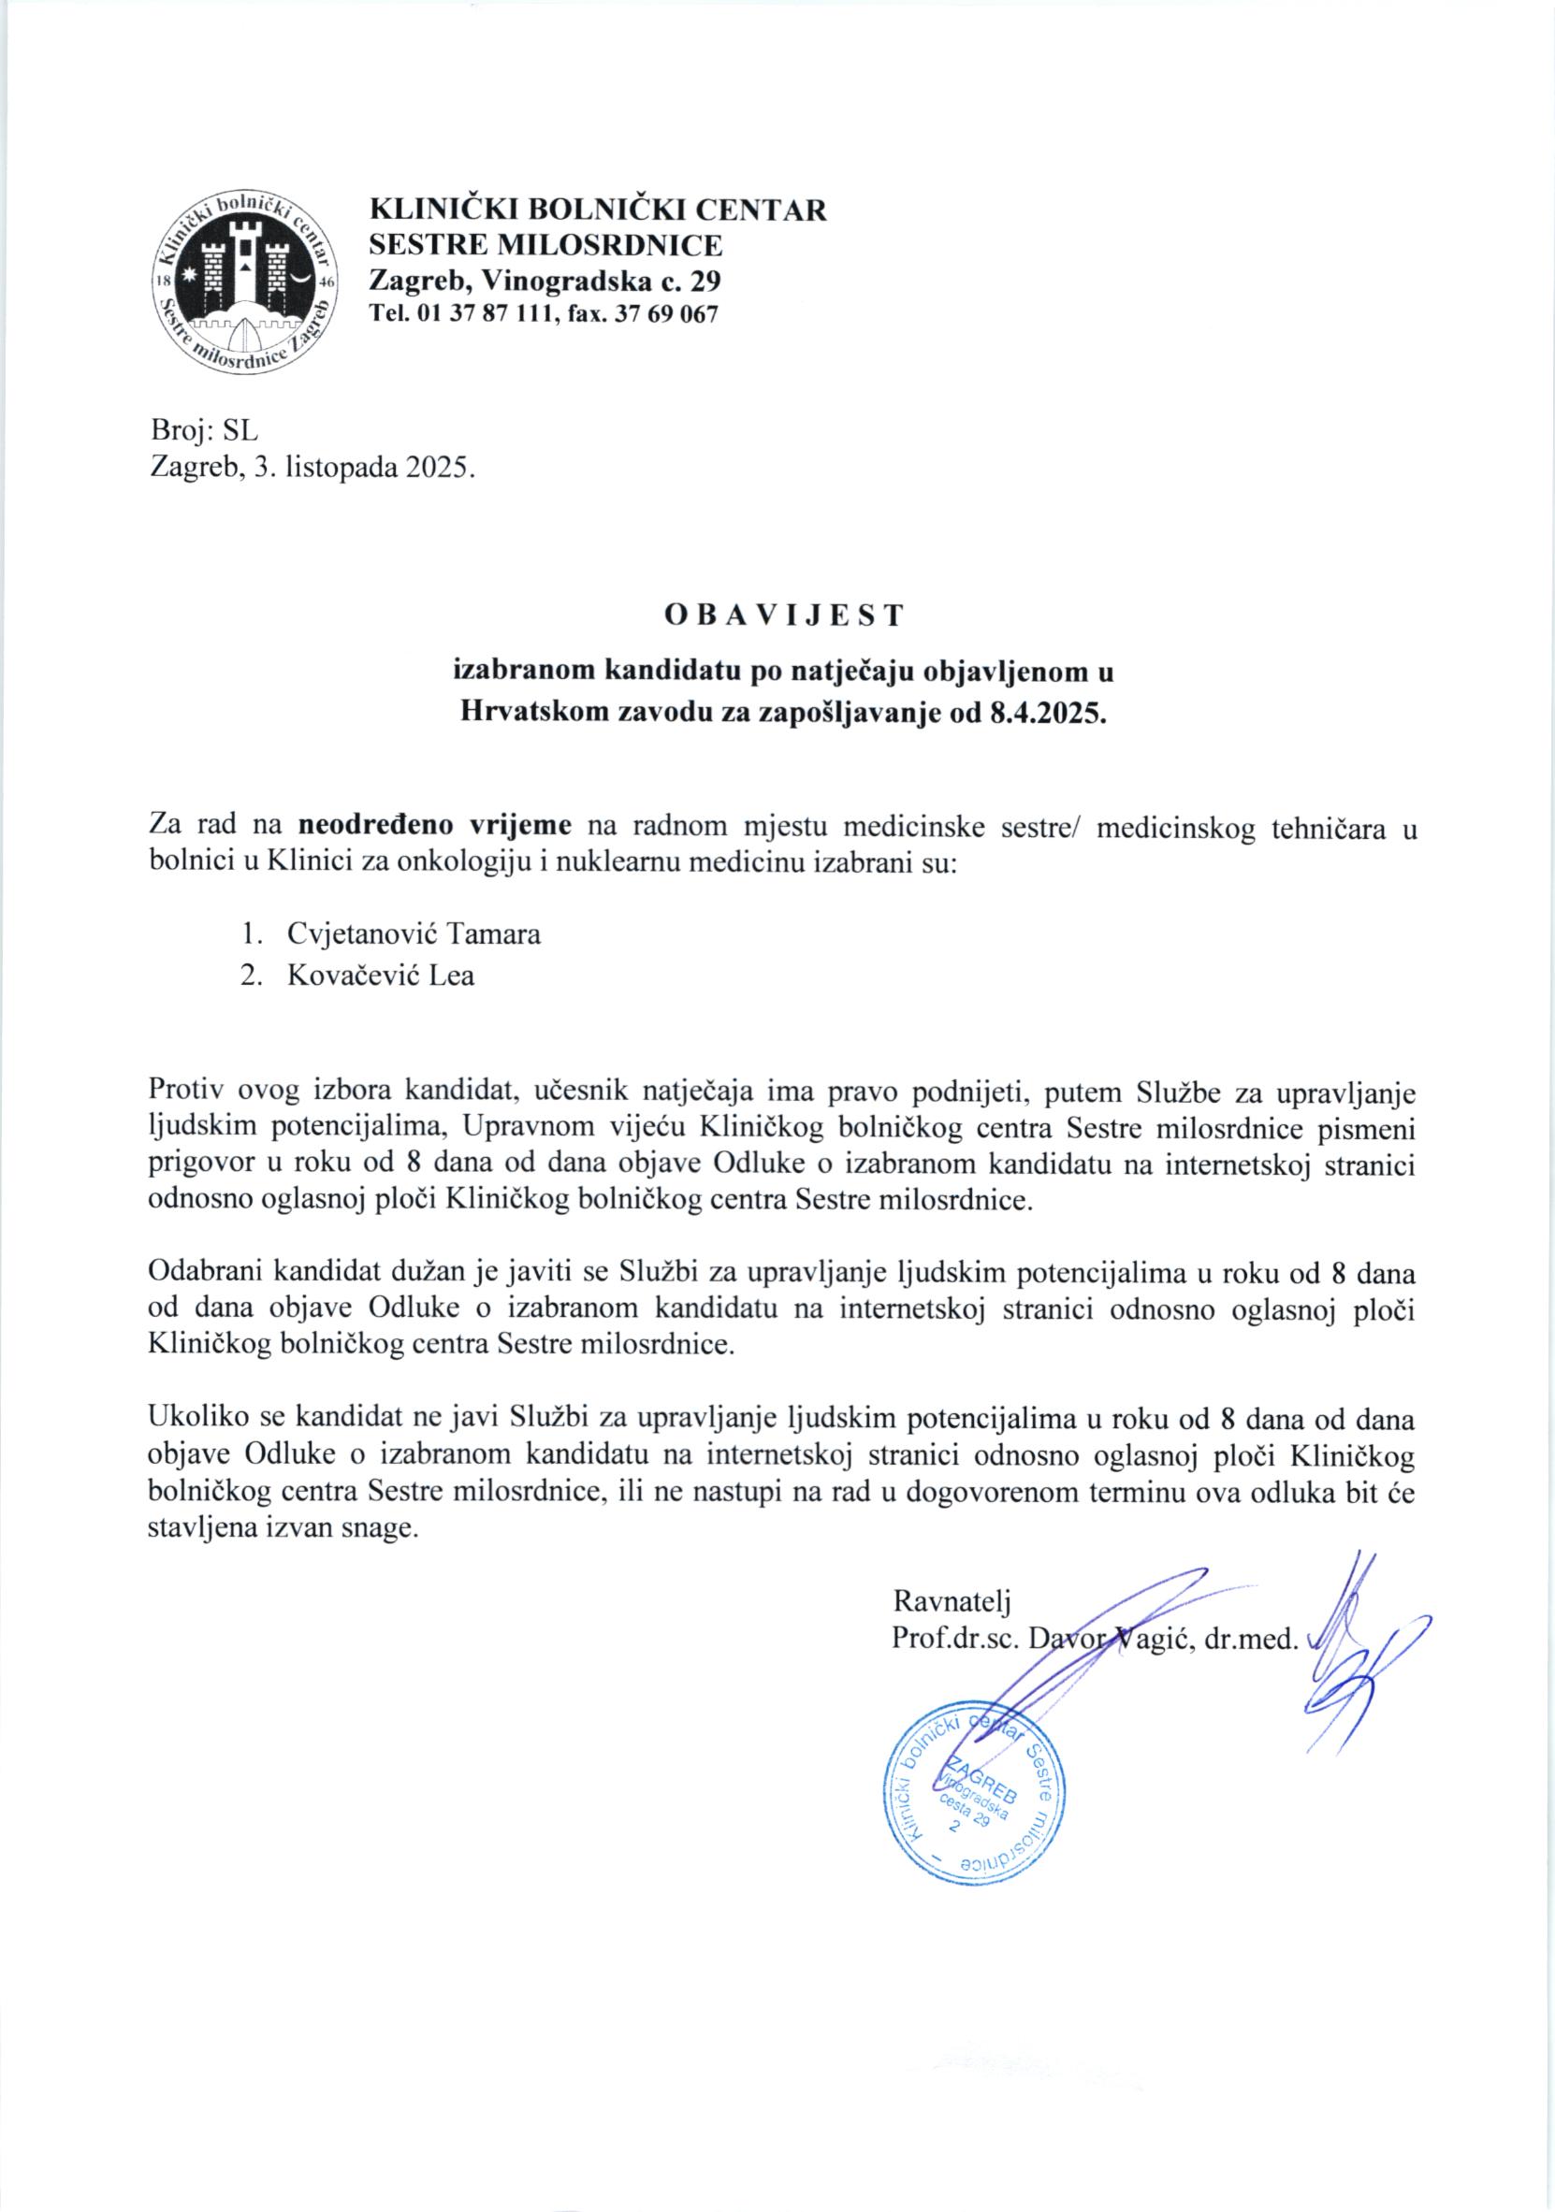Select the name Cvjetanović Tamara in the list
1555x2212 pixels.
coord(414,933)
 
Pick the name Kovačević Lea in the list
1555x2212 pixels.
coord(381,976)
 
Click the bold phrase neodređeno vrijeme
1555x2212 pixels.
coord(436,826)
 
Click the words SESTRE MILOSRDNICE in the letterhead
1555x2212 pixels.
coord(546,245)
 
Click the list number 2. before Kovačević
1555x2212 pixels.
coord(252,976)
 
